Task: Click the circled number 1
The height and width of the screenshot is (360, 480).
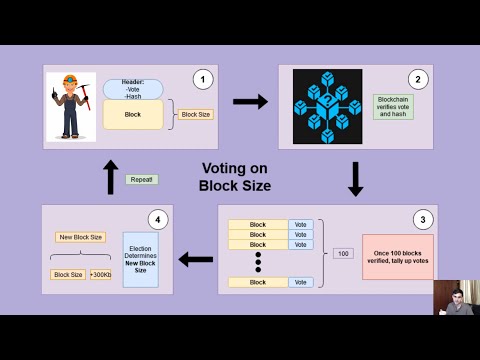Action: pos(204,77)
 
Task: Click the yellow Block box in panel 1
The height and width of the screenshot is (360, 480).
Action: pos(132,114)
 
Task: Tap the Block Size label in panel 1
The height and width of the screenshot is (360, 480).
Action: pos(195,115)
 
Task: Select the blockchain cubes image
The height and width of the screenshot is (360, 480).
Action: pos(327,106)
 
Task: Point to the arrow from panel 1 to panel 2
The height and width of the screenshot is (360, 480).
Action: pos(250,101)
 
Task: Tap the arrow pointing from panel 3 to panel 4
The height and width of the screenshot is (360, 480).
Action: pos(196,260)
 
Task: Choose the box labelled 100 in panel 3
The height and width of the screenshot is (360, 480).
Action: pos(343,253)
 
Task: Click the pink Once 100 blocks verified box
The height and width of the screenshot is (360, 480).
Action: pos(397,256)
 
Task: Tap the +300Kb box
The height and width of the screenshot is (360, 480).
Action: pos(100,274)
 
